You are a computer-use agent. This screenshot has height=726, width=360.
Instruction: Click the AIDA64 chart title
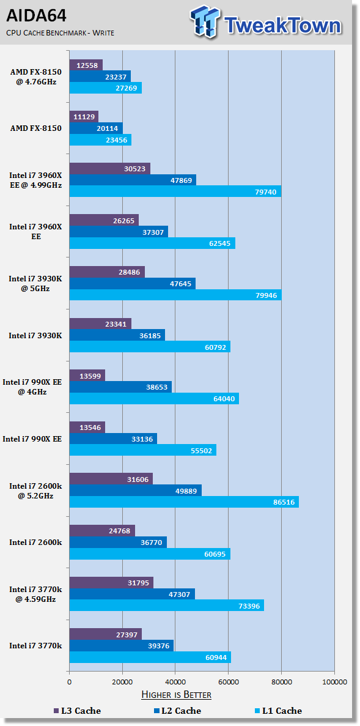click(36, 16)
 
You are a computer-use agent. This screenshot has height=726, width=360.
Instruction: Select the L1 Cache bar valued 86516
click(184, 502)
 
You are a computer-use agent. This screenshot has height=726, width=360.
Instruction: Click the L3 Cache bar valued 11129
click(84, 117)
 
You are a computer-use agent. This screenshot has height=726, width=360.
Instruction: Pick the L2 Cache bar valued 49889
click(136, 491)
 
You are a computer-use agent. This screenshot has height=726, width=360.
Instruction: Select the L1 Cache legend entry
click(278, 711)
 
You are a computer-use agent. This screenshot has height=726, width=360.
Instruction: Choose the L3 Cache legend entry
click(77, 711)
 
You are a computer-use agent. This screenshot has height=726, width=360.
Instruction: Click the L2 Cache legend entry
click(177, 711)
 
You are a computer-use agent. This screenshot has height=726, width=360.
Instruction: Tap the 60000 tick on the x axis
click(228, 681)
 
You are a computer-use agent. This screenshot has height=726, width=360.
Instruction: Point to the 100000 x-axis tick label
click(334, 681)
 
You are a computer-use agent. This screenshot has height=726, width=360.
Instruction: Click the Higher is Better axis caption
click(176, 695)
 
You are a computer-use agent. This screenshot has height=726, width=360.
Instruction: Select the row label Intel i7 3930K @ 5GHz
click(35, 283)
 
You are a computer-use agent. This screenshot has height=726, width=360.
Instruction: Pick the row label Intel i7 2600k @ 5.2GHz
click(35, 491)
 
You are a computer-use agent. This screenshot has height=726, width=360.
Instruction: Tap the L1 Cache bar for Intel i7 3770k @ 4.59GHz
click(167, 605)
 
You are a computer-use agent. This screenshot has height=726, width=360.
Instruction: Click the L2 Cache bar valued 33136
click(113, 439)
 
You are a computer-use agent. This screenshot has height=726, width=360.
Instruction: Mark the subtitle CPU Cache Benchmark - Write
click(60, 32)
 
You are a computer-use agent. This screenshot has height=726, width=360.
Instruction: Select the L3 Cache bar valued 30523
click(109, 169)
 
